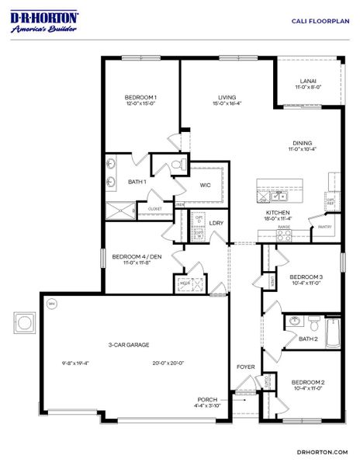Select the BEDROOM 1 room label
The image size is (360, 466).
pos(141,97)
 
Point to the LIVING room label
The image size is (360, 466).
pos(227,97)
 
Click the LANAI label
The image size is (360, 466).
pos(308,81)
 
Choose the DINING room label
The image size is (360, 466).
pos(303,142)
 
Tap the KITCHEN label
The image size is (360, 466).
pos(278,213)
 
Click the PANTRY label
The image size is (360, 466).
pos(324,227)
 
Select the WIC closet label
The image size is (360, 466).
pos(206,185)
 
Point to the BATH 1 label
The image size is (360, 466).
pos(137,182)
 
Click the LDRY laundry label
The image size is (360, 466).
pos(217,224)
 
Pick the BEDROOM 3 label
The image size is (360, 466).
pos(306,276)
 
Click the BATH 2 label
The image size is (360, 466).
pos(308,339)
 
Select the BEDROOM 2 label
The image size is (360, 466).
pos(307,382)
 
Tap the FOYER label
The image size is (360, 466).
pos(245,367)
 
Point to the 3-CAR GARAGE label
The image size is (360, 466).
pos(129,344)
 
